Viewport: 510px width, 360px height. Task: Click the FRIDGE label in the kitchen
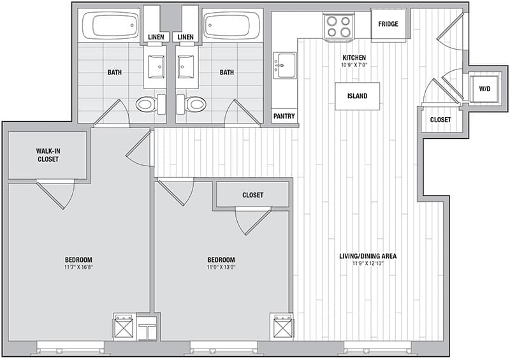388,24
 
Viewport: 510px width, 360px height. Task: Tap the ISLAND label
357,96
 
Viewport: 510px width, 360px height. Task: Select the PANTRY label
284,116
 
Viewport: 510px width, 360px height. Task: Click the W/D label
484,89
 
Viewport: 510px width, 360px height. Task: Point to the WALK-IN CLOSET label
48,155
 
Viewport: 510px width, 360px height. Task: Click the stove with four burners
339,26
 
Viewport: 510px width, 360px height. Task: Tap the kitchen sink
284,66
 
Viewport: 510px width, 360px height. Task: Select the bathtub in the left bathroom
110,25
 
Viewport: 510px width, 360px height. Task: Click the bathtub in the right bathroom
233,25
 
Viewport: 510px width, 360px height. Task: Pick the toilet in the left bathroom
150,104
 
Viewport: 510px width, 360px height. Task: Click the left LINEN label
156,37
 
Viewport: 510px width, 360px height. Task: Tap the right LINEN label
186,37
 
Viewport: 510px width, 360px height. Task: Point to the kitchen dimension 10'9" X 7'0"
354,65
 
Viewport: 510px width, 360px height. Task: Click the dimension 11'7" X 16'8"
78,268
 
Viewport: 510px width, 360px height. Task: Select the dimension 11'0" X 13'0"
221,268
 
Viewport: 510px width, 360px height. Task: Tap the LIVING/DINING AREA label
368,256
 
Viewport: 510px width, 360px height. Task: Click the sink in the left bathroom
156,67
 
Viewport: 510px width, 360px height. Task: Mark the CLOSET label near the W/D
441,120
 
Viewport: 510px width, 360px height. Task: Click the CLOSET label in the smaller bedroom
252,195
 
